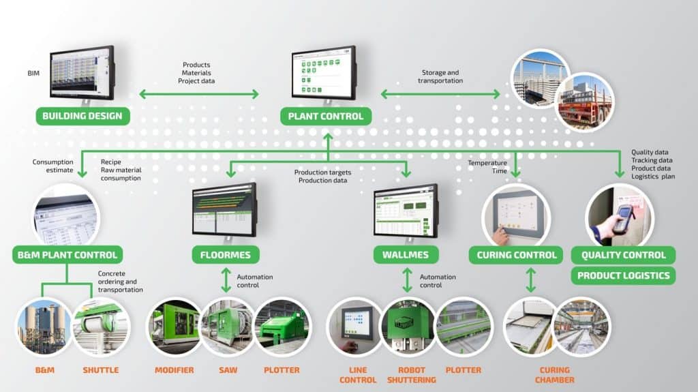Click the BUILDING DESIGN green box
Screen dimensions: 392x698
click(x=82, y=116)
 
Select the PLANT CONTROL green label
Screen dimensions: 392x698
click(x=326, y=116)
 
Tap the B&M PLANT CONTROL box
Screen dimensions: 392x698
click(x=67, y=256)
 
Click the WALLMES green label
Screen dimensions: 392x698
click(x=407, y=256)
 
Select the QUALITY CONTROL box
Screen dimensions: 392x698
click(x=623, y=256)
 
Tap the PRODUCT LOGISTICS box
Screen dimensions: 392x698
click(x=623, y=276)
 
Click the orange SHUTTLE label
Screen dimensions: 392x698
click(x=100, y=370)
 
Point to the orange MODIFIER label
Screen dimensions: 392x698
click(x=174, y=370)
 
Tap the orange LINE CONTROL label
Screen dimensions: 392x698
click(x=353, y=374)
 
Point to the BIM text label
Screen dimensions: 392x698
click(x=33, y=71)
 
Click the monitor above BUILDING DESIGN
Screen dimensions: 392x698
click(x=82, y=72)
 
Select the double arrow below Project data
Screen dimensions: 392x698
click(x=199, y=94)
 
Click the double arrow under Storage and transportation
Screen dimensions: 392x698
click(x=440, y=94)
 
